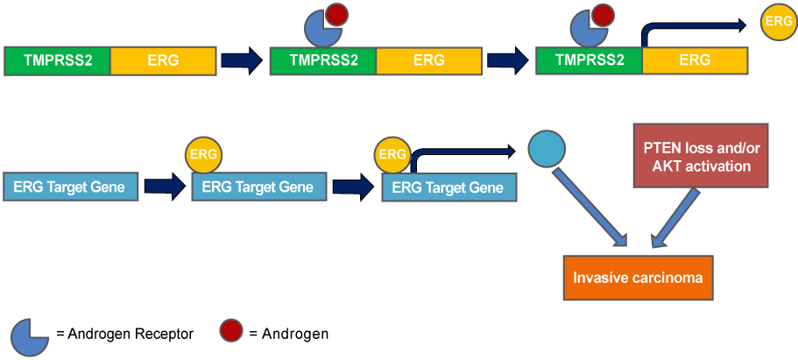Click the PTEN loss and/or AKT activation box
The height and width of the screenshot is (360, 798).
coord(700,155)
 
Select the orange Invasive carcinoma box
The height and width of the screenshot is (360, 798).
coord(638,278)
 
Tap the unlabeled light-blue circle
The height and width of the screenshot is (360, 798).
coord(547,149)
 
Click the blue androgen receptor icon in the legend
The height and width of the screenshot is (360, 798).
coord(29,337)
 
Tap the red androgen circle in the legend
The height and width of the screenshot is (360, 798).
coord(231,331)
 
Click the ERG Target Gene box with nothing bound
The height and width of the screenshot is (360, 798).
coord(70,187)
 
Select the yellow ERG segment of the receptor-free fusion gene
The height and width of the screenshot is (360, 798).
coord(163,60)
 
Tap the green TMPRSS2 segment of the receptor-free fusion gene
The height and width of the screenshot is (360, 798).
coord(57,60)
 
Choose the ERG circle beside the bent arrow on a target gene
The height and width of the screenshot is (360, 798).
coord(392,154)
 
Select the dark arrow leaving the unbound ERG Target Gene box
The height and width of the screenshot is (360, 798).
coord(166,187)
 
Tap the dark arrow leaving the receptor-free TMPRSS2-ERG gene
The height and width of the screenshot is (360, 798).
coord(242,60)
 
